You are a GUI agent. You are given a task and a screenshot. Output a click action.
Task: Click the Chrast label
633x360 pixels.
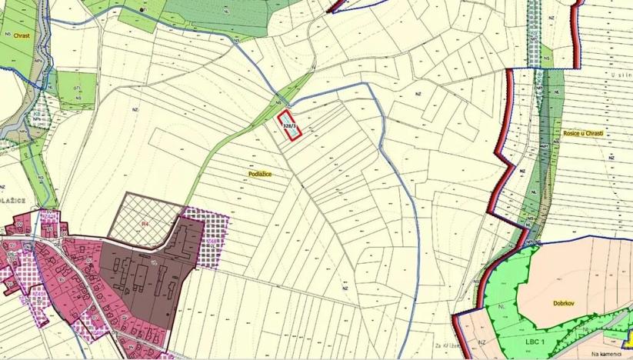[20, 35]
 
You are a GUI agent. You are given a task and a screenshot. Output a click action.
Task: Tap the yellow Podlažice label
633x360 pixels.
[260, 175]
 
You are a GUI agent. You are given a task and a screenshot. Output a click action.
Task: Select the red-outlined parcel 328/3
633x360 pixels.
[290, 127]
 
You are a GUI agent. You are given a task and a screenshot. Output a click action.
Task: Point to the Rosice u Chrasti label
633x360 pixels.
[583, 133]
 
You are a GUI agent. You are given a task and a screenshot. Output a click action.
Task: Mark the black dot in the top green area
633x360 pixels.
[143, 9]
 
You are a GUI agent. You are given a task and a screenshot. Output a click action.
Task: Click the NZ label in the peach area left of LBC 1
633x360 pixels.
[482, 342]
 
